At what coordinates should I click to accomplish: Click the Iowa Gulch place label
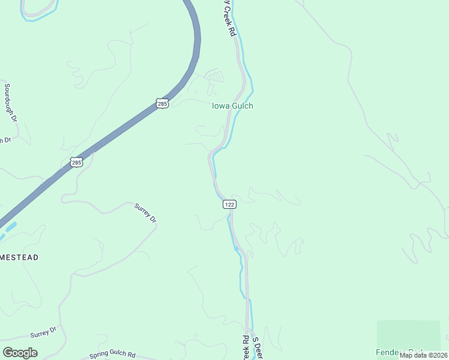[232, 106]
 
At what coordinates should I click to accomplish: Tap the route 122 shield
[229, 205]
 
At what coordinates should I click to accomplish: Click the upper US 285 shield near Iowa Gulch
[163, 103]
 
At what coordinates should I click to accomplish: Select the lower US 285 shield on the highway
[76, 162]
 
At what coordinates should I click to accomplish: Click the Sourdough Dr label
[8, 102]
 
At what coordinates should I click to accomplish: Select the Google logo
[20, 352]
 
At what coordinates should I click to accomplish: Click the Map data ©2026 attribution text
[423, 355]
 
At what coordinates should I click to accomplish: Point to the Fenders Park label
[400, 352]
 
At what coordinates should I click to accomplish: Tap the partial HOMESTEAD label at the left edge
[19, 257]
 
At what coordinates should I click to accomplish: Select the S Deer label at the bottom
[256, 348]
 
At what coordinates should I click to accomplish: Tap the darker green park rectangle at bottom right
[408, 333]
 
